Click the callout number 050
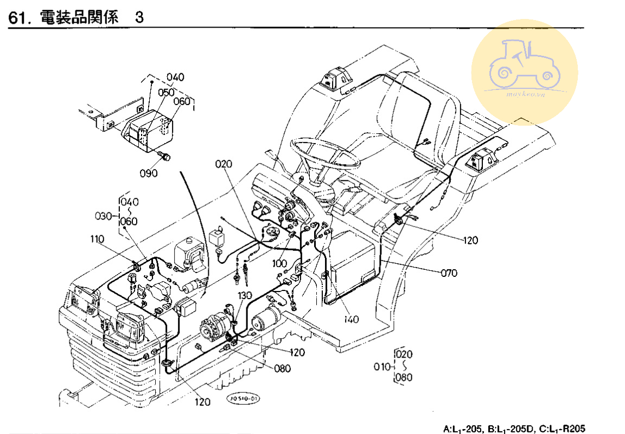pos(166,93)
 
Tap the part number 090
pos(148,173)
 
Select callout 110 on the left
pos(98,238)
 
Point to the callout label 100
pos(280,263)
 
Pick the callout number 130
pos(245,295)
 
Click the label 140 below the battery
pos(351,319)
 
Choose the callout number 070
pos(449,273)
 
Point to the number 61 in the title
pos(17,18)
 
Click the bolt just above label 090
pos(164,157)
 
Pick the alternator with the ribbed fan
pos(213,329)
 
